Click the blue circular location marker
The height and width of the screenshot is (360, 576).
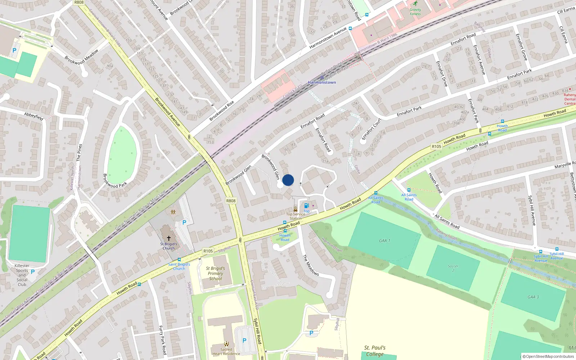288,180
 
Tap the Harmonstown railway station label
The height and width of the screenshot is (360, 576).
322,82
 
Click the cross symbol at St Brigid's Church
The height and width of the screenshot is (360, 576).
168,238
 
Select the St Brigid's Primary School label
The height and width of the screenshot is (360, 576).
216,274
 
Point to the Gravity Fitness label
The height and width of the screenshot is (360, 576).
415,12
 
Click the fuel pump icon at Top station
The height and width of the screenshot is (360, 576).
306,206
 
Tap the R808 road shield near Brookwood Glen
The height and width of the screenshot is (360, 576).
231,201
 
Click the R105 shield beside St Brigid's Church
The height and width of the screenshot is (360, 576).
208,251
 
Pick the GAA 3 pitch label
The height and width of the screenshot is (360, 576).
533,297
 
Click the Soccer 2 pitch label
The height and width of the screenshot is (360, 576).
453,268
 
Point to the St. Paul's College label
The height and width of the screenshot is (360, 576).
375,351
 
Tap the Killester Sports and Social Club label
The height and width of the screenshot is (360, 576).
22,275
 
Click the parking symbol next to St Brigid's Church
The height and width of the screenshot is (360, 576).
184,222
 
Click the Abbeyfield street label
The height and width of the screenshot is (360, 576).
34,116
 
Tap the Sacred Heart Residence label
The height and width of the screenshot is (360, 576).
226,351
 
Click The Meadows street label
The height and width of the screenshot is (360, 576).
310,265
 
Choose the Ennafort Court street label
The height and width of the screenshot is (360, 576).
371,129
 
